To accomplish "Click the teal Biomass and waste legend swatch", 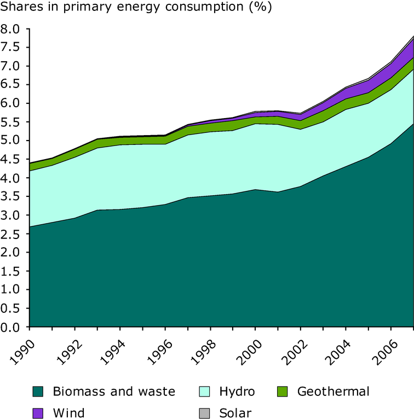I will [38, 392].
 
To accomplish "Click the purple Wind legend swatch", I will [38, 412].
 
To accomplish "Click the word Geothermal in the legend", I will [334, 392].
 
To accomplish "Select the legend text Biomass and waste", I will [114, 392].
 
